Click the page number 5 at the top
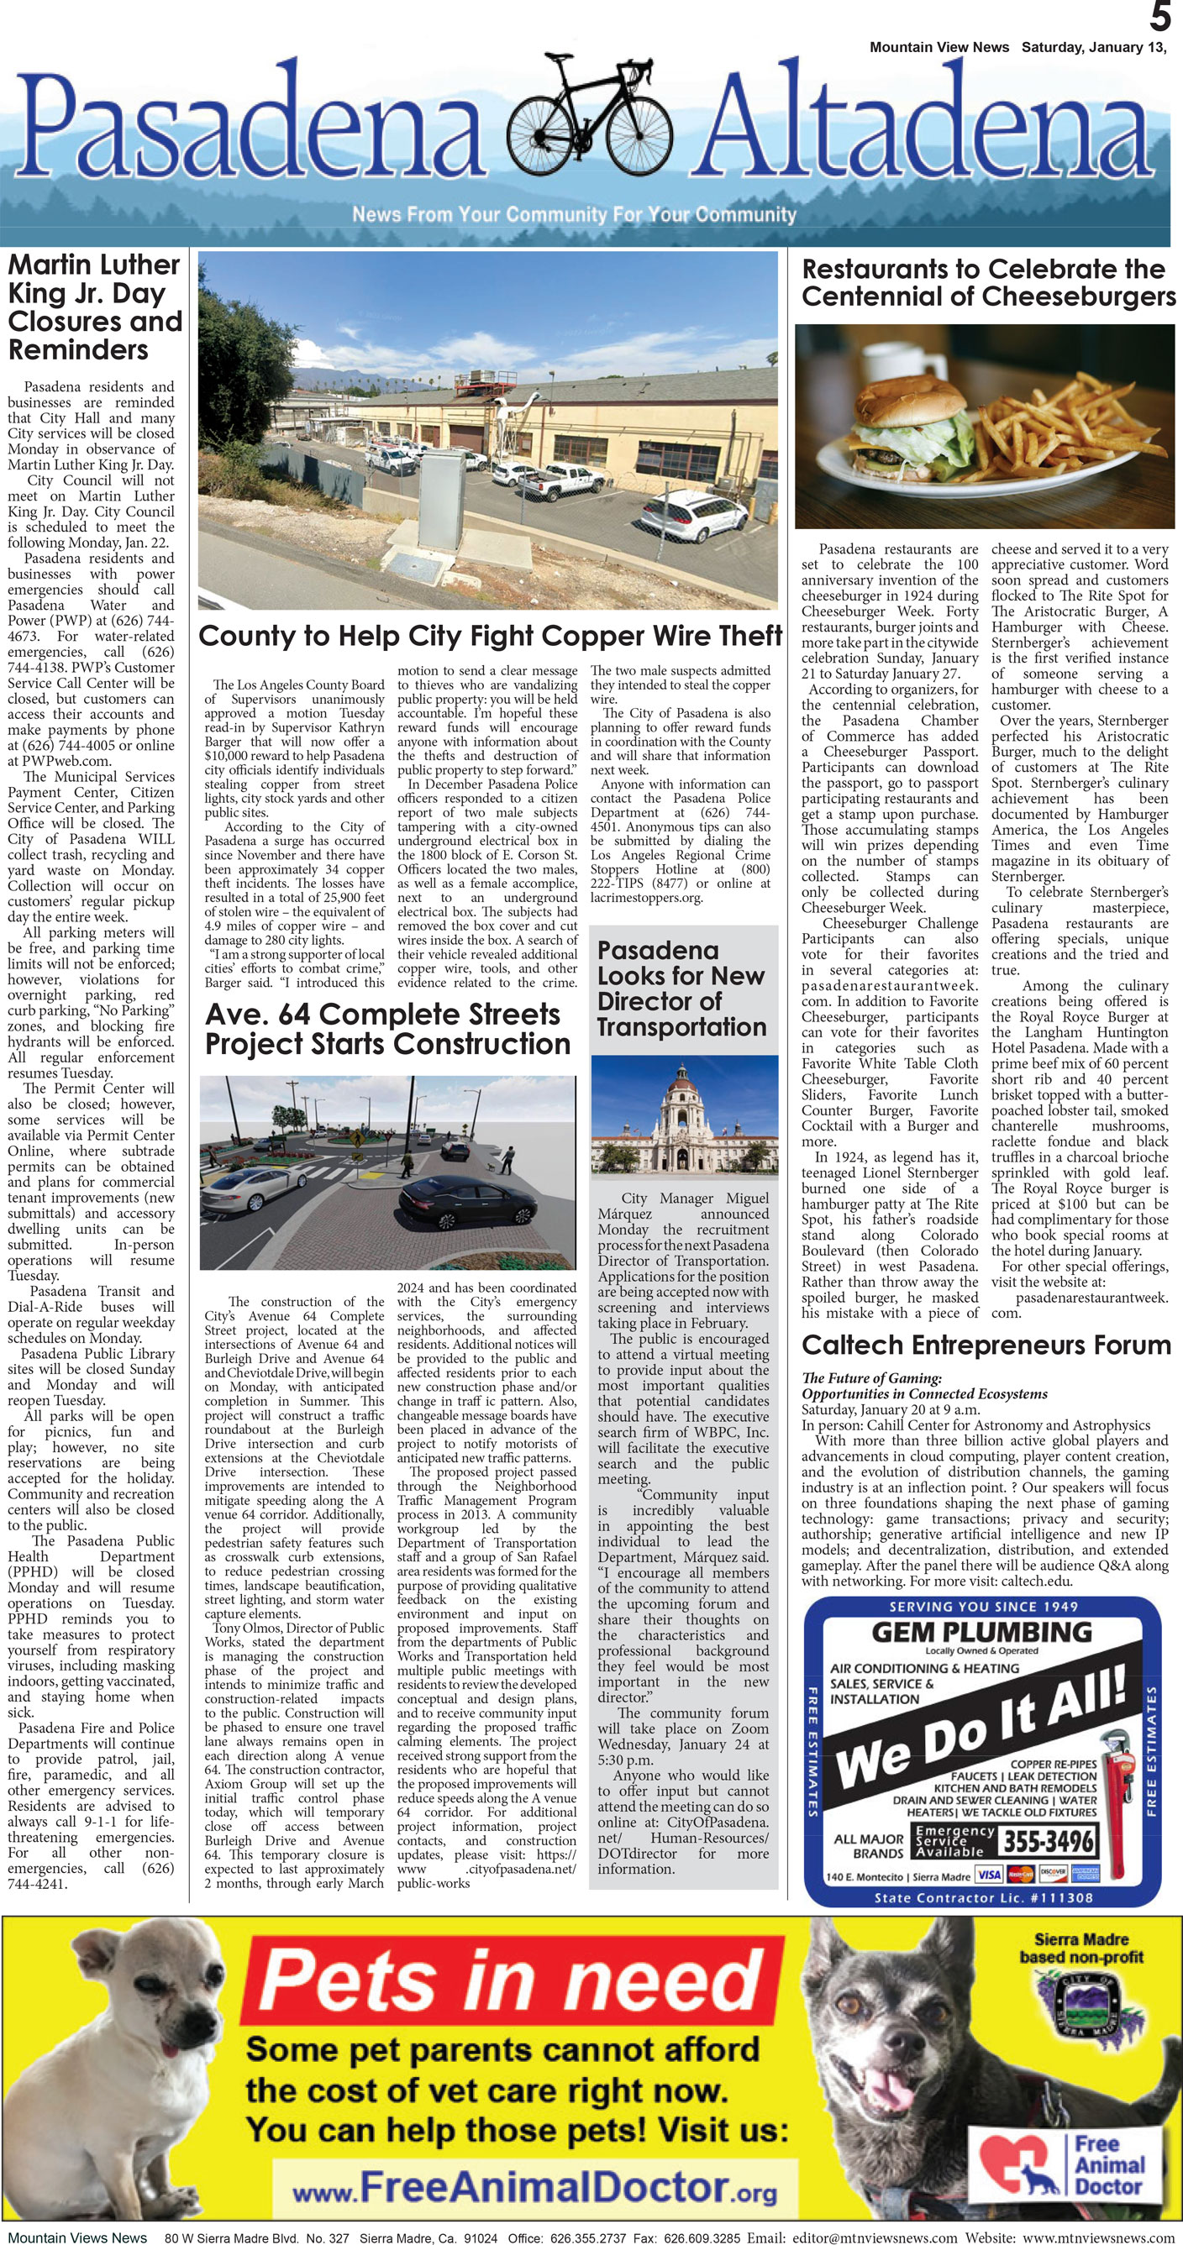pos(1159,17)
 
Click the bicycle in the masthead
pos(589,117)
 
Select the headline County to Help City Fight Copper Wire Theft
pos(490,636)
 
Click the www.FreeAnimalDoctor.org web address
pos(534,2188)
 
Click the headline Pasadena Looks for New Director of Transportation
pos(681,989)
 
